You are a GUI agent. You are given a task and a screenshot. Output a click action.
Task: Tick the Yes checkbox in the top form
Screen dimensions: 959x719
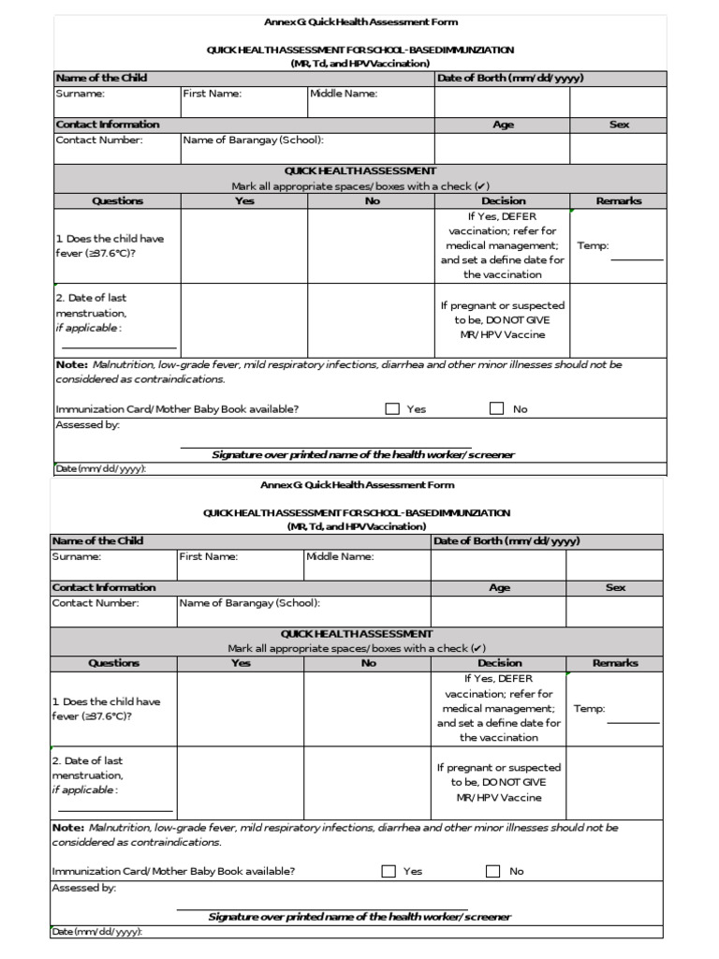[392, 408]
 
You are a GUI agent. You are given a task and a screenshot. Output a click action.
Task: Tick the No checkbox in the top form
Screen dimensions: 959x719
[496, 408]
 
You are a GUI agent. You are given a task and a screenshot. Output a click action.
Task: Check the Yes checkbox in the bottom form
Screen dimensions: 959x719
[389, 871]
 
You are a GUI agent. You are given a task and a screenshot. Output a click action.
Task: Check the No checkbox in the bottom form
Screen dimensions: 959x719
[492, 871]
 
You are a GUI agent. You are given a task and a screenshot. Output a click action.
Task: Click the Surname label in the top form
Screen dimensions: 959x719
[80, 94]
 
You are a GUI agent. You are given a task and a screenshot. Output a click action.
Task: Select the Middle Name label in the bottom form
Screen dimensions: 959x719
[340, 556]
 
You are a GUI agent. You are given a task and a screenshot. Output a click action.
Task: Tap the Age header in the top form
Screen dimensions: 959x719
[503, 125]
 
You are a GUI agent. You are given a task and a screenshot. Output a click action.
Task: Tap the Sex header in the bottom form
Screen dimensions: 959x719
[615, 587]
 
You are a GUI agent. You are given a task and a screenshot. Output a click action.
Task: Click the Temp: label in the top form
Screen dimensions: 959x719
[594, 245]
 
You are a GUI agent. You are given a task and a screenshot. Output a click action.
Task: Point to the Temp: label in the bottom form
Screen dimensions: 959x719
[590, 708]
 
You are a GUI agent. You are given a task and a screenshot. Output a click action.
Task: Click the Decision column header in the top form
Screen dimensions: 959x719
[504, 200]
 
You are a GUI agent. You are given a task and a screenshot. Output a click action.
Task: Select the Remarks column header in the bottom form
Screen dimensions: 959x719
[615, 663]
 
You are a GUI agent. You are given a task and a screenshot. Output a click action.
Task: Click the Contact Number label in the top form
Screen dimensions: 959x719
[99, 140]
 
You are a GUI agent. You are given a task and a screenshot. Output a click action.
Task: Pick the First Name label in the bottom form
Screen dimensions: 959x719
[209, 556]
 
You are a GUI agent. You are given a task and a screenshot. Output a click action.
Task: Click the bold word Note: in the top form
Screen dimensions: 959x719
[71, 364]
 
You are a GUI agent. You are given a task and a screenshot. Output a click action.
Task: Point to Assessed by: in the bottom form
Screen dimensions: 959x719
[84, 887]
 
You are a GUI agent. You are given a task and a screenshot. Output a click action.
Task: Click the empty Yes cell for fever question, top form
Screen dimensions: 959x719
[244, 246]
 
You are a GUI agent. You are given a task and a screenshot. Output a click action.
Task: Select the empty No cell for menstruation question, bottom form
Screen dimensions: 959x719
[368, 782]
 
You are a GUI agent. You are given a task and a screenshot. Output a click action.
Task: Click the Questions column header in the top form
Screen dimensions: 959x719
[118, 200]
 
